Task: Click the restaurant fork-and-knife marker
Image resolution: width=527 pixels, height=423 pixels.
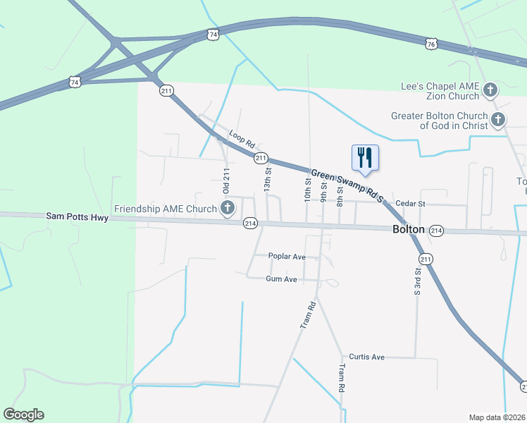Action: click(x=365, y=158)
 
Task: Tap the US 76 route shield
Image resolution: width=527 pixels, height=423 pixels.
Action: click(x=431, y=44)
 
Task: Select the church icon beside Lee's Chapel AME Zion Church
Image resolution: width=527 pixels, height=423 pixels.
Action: click(x=490, y=90)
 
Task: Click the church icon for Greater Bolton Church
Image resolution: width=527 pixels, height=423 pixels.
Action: click(x=498, y=120)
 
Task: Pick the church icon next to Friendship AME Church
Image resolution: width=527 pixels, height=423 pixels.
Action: click(x=228, y=208)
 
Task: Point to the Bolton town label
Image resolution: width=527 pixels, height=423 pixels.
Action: click(x=409, y=230)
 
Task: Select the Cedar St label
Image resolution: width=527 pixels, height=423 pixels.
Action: click(x=411, y=203)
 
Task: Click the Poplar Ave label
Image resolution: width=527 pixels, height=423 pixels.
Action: click(x=287, y=257)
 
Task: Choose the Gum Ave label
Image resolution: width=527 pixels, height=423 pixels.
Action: click(x=281, y=279)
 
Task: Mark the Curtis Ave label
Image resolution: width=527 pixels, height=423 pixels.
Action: click(x=368, y=357)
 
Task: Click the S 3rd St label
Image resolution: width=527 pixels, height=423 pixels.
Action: click(x=418, y=281)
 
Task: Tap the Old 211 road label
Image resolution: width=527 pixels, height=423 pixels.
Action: click(x=226, y=182)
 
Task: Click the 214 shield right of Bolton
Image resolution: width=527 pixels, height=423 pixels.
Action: click(x=436, y=231)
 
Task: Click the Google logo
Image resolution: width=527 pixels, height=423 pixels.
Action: click(x=23, y=415)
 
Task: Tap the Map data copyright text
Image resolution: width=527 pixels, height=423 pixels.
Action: click(x=497, y=417)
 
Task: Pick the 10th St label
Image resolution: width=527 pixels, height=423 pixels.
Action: click(x=308, y=190)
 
